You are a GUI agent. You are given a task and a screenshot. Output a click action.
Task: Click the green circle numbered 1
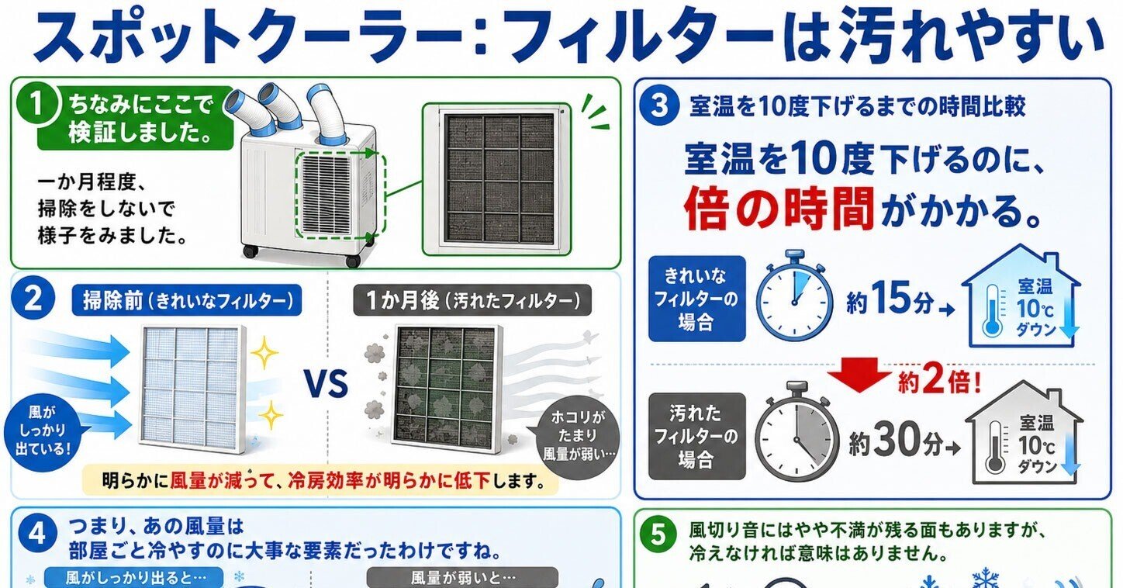[x=37, y=106]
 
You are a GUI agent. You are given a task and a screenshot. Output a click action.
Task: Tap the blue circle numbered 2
[x=33, y=299]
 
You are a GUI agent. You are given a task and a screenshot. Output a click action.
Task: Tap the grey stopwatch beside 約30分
[x=796, y=431]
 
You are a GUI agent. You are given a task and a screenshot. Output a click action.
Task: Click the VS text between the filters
[x=327, y=383]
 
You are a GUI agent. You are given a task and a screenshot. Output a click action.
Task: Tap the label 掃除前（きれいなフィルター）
[x=187, y=300]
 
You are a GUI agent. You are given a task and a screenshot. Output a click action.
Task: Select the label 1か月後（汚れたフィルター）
[x=472, y=300]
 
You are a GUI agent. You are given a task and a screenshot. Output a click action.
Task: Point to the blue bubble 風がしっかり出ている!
[x=43, y=431]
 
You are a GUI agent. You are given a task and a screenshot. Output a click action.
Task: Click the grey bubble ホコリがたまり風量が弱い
[x=578, y=436]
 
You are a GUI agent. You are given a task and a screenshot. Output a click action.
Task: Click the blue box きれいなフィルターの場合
[x=697, y=299]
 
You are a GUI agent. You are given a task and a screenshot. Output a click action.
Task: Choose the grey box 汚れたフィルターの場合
[x=697, y=436]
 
